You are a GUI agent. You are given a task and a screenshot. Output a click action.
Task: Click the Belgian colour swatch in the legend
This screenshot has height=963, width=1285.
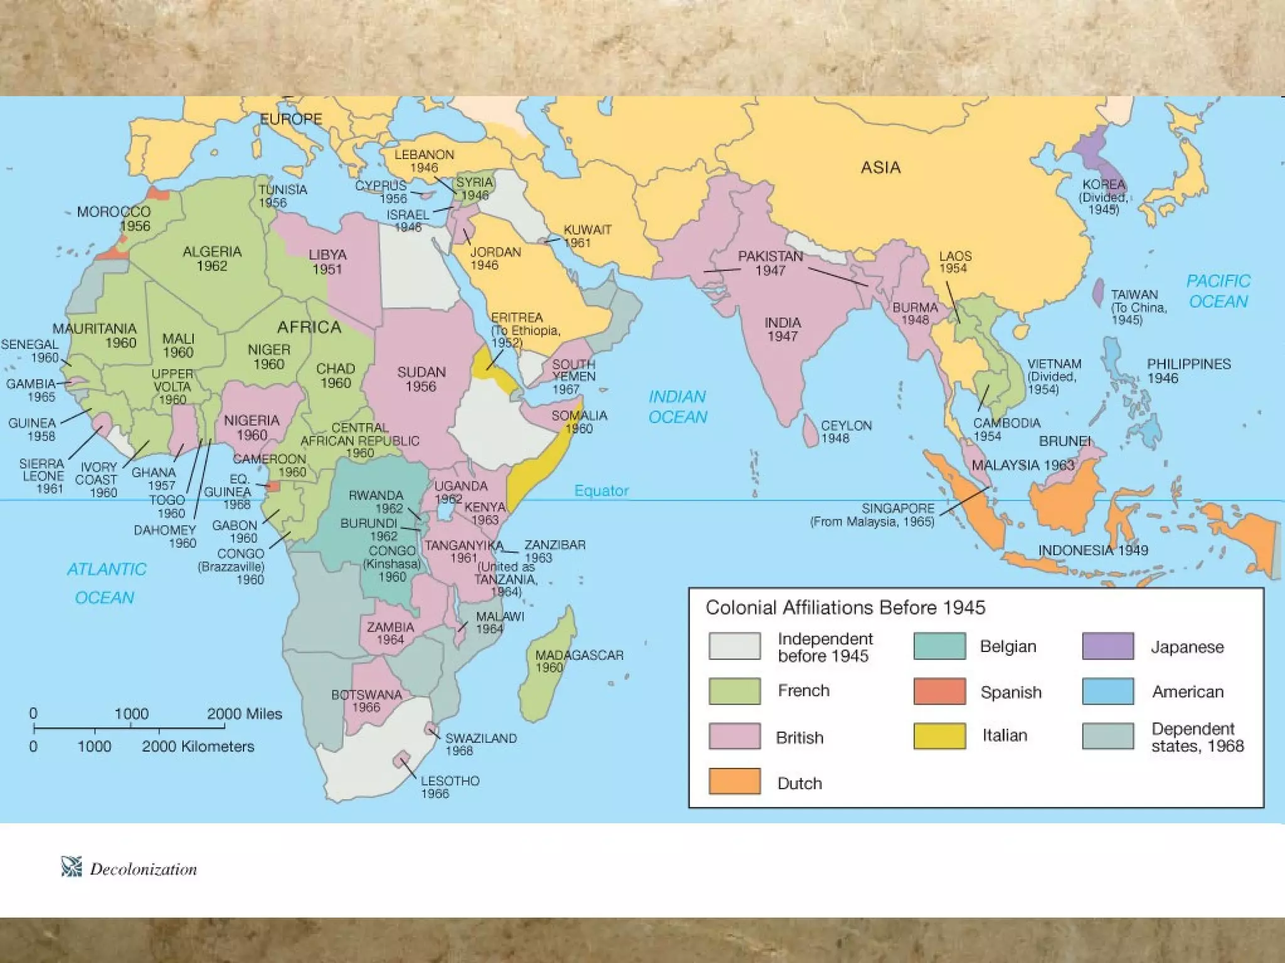point(939,646)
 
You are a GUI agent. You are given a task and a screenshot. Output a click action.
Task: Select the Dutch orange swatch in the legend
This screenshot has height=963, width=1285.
point(734,781)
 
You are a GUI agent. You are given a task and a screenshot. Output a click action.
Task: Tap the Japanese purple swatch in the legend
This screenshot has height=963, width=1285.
point(1107,646)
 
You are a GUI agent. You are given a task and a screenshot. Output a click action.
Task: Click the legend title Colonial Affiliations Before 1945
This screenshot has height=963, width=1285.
point(845,608)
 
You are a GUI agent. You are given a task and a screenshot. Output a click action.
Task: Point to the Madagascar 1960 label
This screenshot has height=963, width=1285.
point(579,661)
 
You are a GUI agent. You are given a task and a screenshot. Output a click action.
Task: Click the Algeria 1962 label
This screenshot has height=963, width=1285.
point(212,258)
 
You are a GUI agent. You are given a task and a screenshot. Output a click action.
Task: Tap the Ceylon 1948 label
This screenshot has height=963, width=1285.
point(846,431)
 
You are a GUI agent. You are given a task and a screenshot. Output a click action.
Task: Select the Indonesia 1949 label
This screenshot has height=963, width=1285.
point(1092,550)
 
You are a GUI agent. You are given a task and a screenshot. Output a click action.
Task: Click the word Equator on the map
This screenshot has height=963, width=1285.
point(601,490)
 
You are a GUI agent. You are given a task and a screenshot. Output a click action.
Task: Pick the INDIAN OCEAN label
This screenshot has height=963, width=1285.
point(677,406)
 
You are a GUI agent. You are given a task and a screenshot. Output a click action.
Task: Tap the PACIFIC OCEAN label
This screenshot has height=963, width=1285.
point(1218,291)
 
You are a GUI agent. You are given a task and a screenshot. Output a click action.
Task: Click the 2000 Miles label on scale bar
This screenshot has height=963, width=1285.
point(244,713)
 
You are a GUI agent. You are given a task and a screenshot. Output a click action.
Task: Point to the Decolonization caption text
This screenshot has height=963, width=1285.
point(143,869)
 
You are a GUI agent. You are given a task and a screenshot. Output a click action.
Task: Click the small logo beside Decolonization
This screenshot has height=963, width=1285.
point(72,866)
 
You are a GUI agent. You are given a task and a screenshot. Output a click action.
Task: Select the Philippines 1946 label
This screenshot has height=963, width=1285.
point(1188,371)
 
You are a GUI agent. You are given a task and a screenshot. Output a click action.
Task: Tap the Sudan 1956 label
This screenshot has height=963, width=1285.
point(421,379)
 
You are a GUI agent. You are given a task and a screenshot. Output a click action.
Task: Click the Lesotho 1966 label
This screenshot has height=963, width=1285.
point(449,787)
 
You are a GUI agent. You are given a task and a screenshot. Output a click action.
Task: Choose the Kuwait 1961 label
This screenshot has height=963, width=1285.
point(587,236)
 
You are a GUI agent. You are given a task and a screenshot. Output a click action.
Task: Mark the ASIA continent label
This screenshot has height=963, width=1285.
point(880,167)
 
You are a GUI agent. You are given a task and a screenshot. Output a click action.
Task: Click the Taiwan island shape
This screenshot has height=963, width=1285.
point(1098,292)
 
